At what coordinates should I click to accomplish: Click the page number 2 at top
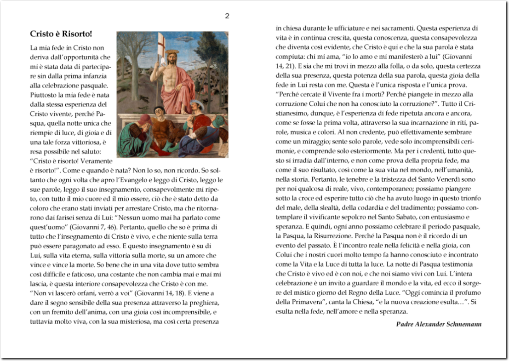click(227, 16)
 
